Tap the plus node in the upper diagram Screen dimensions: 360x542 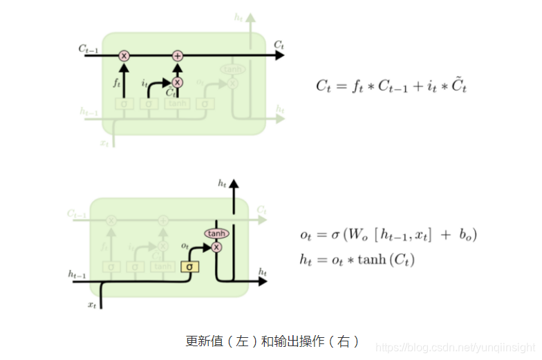(x=177, y=55)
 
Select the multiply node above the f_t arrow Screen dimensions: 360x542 (x=124, y=55)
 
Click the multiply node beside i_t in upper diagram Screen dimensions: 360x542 (x=177, y=82)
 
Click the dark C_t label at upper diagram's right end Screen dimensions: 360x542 (x=279, y=44)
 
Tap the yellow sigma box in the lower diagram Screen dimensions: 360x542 (x=187, y=266)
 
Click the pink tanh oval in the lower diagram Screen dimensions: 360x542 (x=216, y=234)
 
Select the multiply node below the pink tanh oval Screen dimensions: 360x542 (x=216, y=247)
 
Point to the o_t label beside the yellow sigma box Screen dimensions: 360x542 (x=185, y=245)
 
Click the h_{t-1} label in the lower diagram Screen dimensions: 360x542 (x=77, y=274)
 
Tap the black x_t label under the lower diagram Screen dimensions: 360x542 (x=91, y=304)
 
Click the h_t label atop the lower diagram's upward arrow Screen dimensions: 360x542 (x=222, y=183)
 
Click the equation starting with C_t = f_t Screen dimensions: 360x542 (x=391, y=86)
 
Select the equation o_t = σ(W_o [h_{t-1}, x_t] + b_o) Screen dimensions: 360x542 (x=389, y=235)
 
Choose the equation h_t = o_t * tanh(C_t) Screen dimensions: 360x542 (x=357, y=260)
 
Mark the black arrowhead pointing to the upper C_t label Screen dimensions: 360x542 (x=279, y=55)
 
